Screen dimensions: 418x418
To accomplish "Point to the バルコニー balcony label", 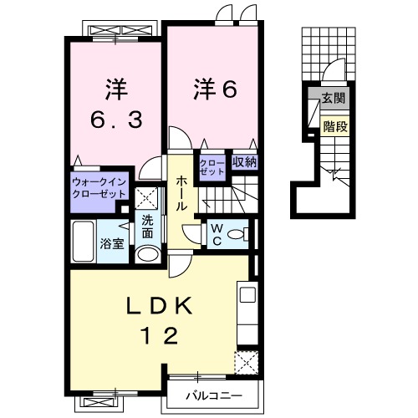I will [214, 393].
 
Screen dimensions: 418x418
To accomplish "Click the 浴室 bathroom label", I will [112, 244].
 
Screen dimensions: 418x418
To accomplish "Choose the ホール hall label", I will [181, 194].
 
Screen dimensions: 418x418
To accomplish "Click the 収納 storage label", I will [244, 161].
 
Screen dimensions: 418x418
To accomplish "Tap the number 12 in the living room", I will [160, 336].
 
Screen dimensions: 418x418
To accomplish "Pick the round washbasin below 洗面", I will [147, 254].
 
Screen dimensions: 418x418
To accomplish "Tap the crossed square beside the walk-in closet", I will [147, 199].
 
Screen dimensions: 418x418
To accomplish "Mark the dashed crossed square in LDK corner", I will [247, 361].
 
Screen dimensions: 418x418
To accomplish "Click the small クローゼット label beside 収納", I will [213, 166].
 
